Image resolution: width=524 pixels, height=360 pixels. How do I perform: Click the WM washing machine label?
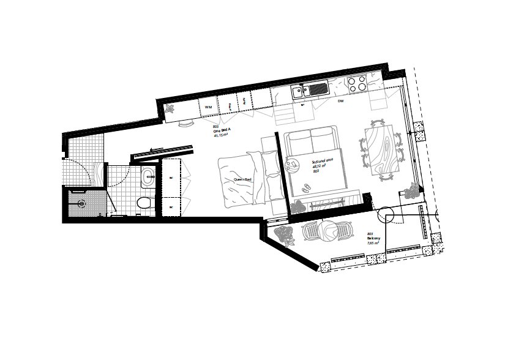tap(208, 107)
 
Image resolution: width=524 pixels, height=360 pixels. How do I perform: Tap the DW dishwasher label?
tap(341, 101)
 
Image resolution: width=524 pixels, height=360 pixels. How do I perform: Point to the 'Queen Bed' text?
tap(242, 179)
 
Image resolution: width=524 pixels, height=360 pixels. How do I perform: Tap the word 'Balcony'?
tap(373, 239)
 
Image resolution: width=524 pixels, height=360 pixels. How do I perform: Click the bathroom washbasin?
tap(148, 179)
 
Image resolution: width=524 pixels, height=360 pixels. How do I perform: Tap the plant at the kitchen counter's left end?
tap(171, 110)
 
